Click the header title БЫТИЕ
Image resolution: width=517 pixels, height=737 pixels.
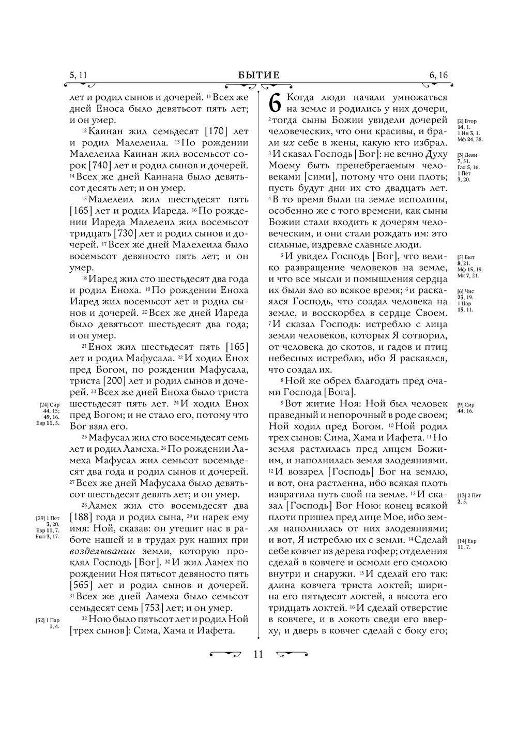[258, 76]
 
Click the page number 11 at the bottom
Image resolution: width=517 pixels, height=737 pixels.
[258, 654]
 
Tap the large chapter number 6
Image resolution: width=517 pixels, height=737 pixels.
[276, 104]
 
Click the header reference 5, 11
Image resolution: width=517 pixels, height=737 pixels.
[78, 76]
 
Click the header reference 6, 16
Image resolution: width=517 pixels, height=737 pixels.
[438, 76]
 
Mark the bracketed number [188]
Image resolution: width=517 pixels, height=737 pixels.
[84, 517]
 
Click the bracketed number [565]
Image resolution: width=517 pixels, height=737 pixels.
[84, 585]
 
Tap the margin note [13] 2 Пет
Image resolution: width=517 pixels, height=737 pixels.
[469, 495]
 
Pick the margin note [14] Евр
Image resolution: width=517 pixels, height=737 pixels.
[467, 541]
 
